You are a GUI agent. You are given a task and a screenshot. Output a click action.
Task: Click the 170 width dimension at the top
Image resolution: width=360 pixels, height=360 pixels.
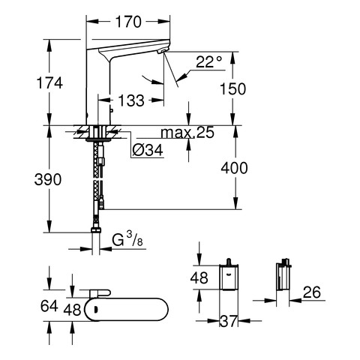tap(128, 22)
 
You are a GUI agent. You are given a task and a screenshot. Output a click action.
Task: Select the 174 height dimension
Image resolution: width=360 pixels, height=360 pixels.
tap(49, 83)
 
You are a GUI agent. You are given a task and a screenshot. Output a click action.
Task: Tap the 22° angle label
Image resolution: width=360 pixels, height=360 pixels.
tap(208, 62)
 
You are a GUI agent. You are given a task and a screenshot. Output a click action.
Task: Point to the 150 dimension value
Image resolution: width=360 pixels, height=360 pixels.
tap(232, 89)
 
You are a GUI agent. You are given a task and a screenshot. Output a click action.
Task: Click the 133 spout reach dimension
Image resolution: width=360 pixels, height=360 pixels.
tap(131, 100)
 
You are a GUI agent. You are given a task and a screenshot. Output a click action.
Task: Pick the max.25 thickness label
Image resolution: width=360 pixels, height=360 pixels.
tap(187, 133)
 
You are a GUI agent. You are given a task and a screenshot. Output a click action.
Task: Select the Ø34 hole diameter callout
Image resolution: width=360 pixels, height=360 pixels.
tap(148, 150)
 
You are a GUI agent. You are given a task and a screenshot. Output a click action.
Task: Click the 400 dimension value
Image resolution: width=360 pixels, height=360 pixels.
tap(234, 168)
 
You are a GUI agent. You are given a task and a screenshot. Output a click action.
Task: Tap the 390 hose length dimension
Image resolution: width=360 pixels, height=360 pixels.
tap(48, 179)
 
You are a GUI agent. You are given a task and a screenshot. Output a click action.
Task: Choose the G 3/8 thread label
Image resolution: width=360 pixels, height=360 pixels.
tap(127, 239)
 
